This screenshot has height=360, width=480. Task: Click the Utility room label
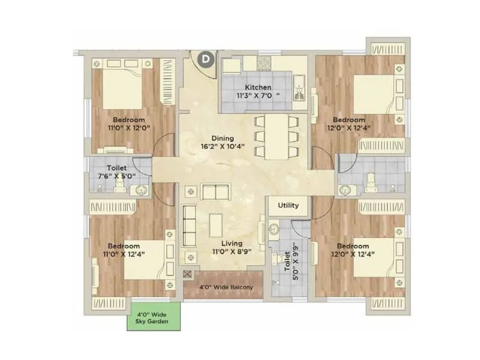[x=288, y=205]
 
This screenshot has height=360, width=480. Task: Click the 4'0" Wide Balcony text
[x=223, y=287]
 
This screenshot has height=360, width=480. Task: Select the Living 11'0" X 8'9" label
[x=231, y=248]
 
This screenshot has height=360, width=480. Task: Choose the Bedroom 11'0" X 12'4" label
[x=124, y=250]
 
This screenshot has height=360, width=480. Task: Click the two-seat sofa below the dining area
[x=215, y=192]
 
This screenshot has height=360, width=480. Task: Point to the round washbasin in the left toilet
[x=142, y=191]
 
